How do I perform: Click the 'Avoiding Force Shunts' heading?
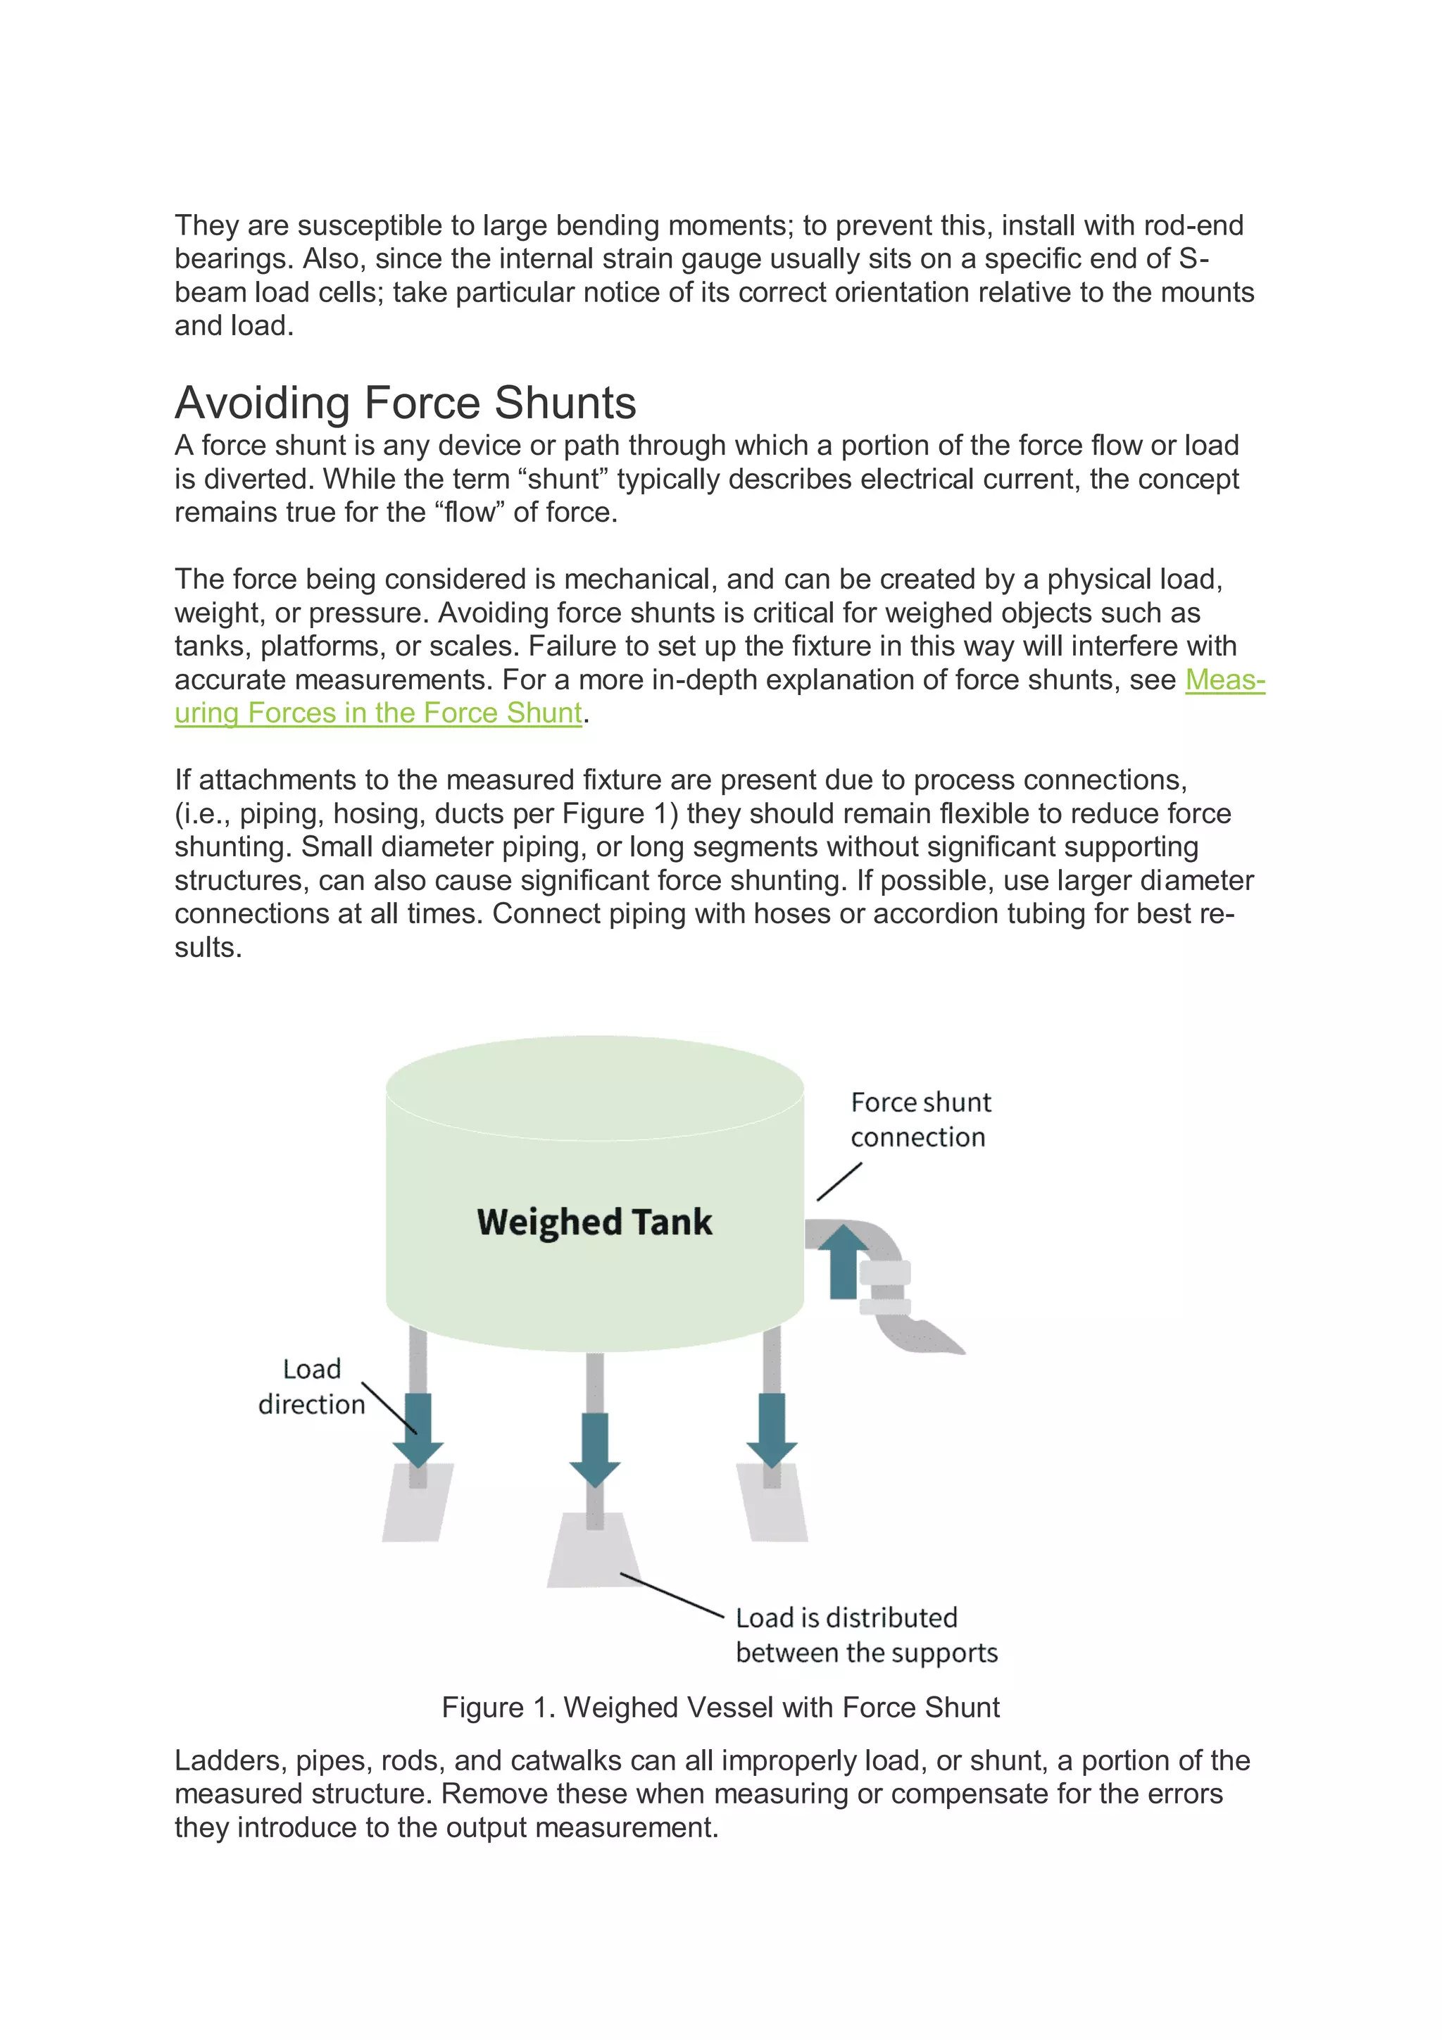click(405, 403)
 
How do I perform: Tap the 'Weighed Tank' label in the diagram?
click(594, 1222)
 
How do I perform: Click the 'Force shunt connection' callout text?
click(920, 1120)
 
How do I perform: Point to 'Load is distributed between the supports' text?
click(865, 1635)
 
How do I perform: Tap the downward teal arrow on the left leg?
click(418, 1429)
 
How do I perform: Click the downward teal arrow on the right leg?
click(771, 1429)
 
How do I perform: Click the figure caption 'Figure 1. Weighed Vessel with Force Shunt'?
click(720, 1707)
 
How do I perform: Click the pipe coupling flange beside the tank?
click(885, 1287)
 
